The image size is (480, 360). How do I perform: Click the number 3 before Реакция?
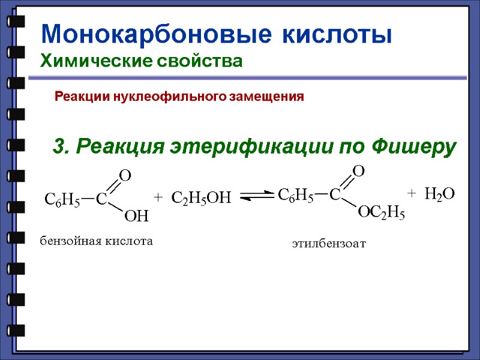pyautogui.click(x=59, y=146)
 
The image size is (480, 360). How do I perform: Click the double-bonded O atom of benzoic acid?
pyautogui.click(x=125, y=175)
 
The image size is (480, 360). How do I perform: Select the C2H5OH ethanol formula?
pyautogui.click(x=201, y=197)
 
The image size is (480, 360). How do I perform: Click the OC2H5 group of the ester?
pyautogui.click(x=382, y=211)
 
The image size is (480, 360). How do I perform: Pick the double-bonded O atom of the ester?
pyautogui.click(x=359, y=171)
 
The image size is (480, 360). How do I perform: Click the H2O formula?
pyautogui.click(x=440, y=193)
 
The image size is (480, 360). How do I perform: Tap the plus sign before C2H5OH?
pyautogui.click(x=158, y=197)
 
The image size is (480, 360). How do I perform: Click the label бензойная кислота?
pyautogui.click(x=97, y=241)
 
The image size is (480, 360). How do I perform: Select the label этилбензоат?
pyautogui.click(x=329, y=244)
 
